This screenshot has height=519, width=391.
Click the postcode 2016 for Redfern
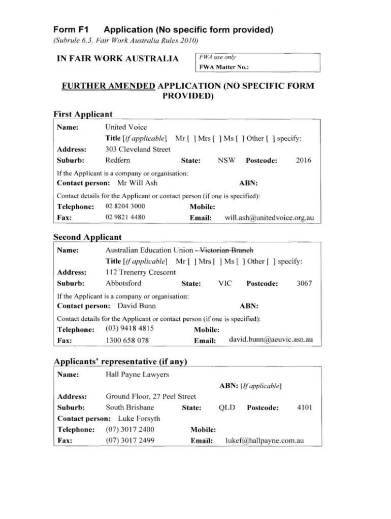click(303, 161)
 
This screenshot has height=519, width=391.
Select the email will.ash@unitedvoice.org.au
click(269, 218)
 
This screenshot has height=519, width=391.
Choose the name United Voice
click(126, 127)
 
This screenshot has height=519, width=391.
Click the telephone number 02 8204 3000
click(125, 206)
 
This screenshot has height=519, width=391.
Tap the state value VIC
click(225, 283)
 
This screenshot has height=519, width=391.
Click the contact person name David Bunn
click(137, 306)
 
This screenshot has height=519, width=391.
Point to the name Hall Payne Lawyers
click(137, 375)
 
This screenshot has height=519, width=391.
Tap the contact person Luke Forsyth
click(139, 419)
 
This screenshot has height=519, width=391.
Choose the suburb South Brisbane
click(130, 407)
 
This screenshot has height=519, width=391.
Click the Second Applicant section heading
click(87, 237)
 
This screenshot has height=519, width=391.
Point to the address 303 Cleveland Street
click(138, 150)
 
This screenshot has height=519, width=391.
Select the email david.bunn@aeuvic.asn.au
click(271, 339)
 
